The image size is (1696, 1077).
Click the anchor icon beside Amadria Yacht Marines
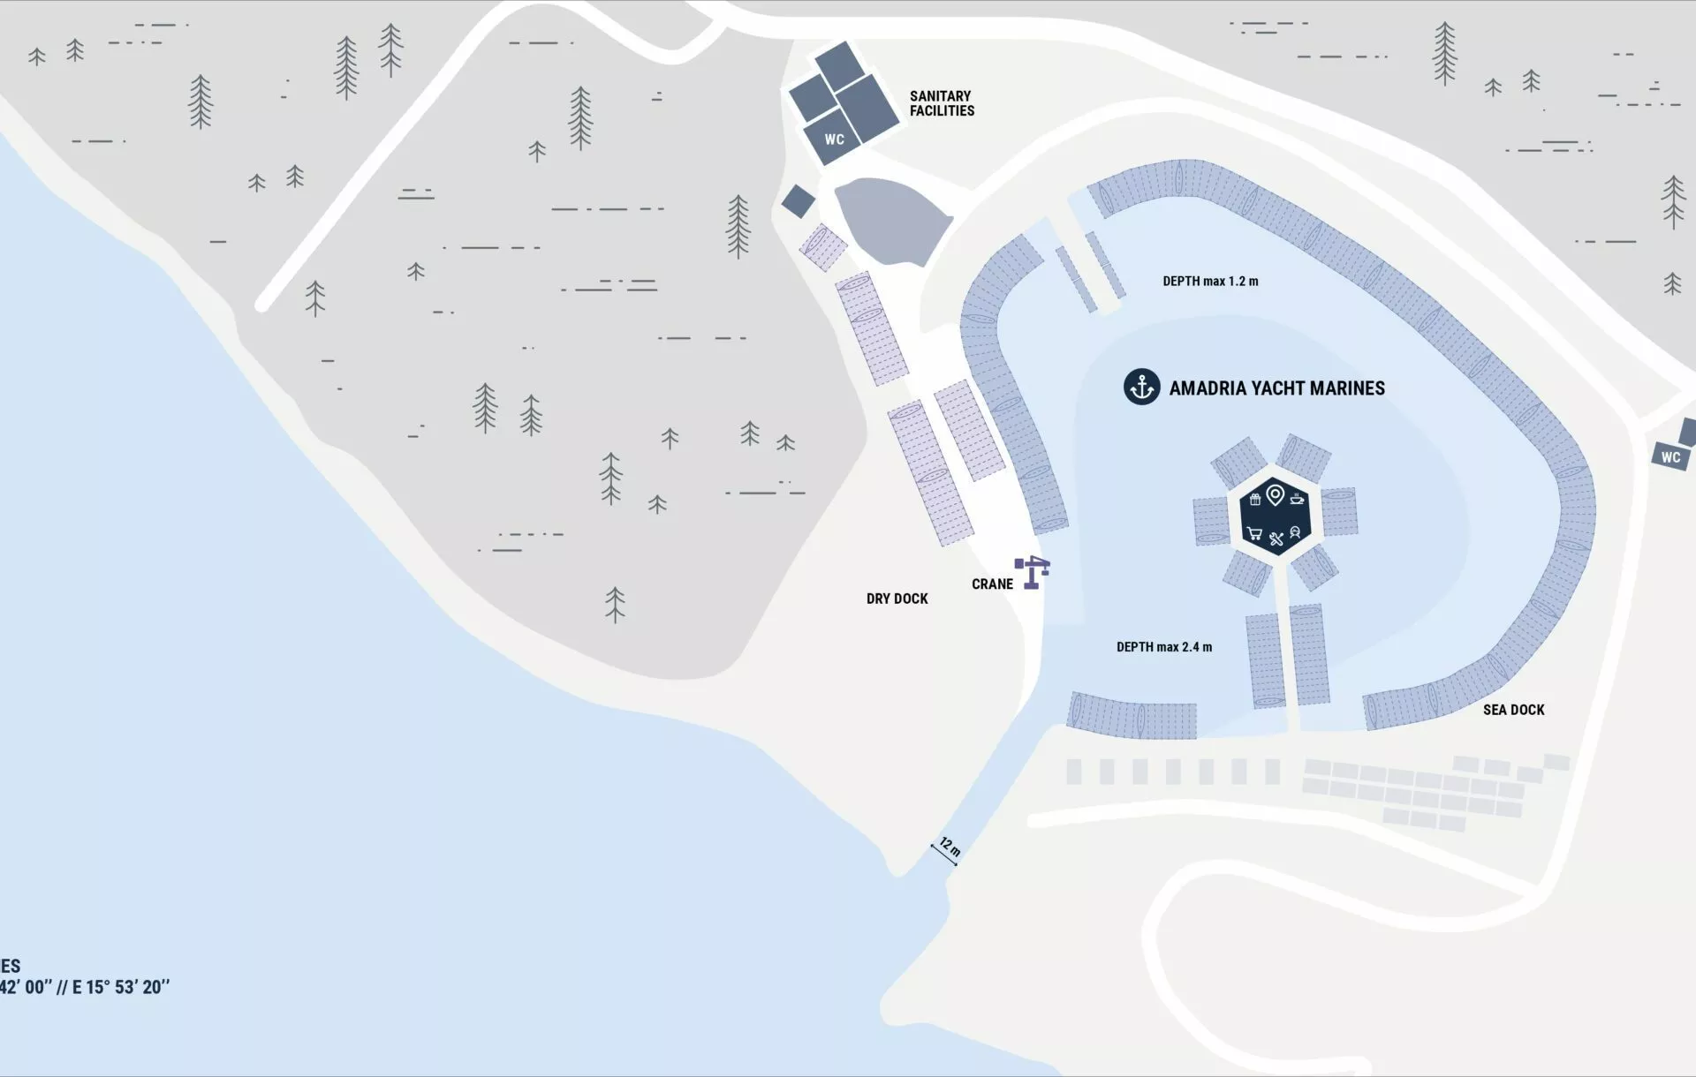click(1141, 387)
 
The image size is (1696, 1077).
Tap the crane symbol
click(1032, 571)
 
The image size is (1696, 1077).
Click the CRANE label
click(992, 584)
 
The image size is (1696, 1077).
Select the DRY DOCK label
click(897, 599)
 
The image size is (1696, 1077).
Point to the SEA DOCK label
click(1513, 710)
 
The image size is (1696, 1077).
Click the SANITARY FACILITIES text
click(942, 103)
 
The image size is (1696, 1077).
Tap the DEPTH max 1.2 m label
click(1210, 282)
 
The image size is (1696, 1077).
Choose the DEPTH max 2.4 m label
click(1163, 647)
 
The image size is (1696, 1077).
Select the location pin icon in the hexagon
click(1275, 494)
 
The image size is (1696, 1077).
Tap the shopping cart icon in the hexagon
click(1253, 533)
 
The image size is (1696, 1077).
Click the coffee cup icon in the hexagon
click(1297, 499)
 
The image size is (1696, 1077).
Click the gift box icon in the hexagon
click(1254, 500)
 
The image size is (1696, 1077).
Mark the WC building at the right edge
click(1669, 456)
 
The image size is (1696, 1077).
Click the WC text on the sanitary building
click(834, 139)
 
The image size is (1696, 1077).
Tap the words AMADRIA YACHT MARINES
click(1276, 388)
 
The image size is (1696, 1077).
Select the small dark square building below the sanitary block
click(798, 201)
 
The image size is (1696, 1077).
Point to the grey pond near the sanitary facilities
click(890, 219)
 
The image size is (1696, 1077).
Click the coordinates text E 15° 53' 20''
click(121, 987)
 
